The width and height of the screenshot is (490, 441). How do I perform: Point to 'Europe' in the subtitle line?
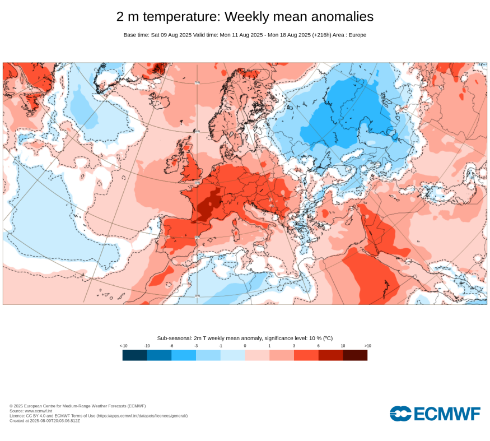click(x=357, y=35)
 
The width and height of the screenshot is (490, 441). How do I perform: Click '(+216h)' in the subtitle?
click(x=313, y=35)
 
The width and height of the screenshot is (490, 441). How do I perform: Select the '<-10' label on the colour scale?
click(x=124, y=346)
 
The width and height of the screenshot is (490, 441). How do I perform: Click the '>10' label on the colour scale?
click(x=367, y=346)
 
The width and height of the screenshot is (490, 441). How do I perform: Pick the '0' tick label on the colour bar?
click(x=245, y=346)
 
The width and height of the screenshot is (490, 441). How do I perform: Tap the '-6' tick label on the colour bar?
click(x=171, y=346)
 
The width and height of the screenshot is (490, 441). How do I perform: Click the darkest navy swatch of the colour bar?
click(x=134, y=355)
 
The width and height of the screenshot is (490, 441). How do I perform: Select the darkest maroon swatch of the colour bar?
click(x=355, y=355)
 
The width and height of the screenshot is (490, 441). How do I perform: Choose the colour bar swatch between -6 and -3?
click(x=184, y=355)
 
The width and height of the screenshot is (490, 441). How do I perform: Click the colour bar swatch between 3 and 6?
click(x=306, y=355)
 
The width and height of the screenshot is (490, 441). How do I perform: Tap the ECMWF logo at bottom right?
click(x=435, y=414)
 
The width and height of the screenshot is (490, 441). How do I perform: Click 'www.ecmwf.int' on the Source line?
click(x=39, y=411)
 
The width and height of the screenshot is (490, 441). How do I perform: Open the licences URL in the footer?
click(x=142, y=416)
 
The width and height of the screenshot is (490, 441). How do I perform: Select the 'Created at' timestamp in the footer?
click(x=45, y=421)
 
